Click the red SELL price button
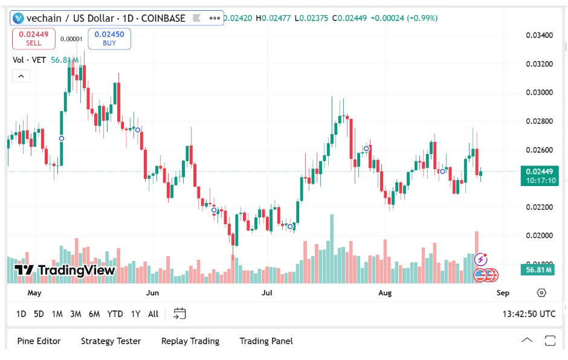[x=34, y=38]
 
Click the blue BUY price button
[x=109, y=38]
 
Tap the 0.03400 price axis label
[x=540, y=35]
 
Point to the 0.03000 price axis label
[x=540, y=92]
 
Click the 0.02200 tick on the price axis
[x=540, y=207]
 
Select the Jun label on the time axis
[x=152, y=293]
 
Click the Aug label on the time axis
[x=385, y=293]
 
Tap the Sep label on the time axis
[x=503, y=293]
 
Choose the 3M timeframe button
[x=76, y=313]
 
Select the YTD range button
[x=115, y=313]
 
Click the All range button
[x=153, y=313]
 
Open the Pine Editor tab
[x=39, y=341]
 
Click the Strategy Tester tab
[x=111, y=341]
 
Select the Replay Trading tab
[x=190, y=341]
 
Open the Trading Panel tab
[x=266, y=341]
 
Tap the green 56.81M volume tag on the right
[x=539, y=269]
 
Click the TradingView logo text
[x=65, y=270]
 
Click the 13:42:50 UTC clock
[x=529, y=314]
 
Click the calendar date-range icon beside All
[x=179, y=313]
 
